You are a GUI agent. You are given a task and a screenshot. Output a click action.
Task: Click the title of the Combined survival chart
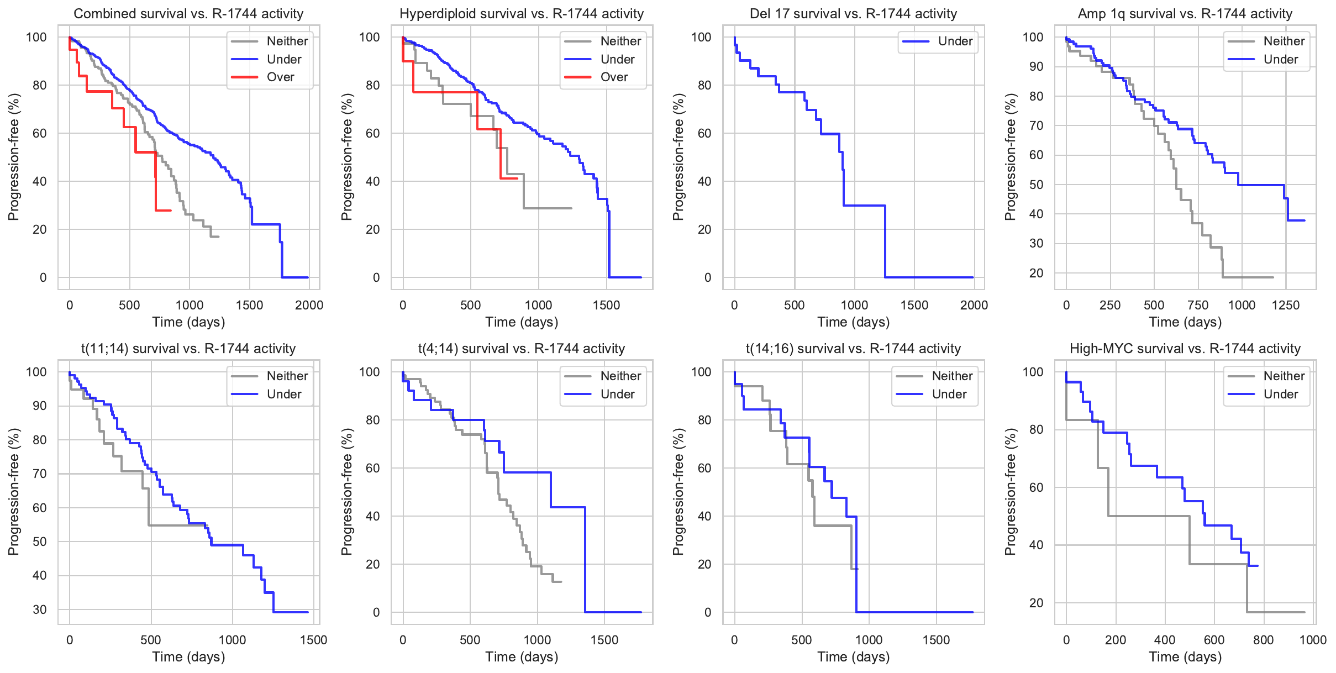coord(188,14)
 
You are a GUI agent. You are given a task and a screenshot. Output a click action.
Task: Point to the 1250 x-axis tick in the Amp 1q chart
coord(1285,305)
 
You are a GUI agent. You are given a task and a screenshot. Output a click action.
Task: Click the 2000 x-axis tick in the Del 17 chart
coord(974,305)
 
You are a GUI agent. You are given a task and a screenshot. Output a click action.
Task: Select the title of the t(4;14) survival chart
coord(522,349)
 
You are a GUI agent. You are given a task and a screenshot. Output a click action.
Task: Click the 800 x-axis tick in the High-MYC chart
coord(1263,640)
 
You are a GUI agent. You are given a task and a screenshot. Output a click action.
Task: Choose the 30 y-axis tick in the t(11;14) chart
coord(40,609)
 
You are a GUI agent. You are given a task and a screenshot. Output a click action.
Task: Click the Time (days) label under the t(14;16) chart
coord(853,657)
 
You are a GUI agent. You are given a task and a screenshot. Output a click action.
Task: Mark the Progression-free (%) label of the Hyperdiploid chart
coord(346,157)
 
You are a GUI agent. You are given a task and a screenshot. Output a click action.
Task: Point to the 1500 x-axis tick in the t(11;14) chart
coord(313,640)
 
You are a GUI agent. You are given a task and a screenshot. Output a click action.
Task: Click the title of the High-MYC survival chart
coord(1185,349)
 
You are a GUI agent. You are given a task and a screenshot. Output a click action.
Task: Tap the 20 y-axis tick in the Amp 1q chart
coord(1036,273)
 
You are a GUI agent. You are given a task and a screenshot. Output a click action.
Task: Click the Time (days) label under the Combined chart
coord(188,322)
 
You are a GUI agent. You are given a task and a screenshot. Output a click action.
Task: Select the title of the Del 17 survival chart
coord(853,14)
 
